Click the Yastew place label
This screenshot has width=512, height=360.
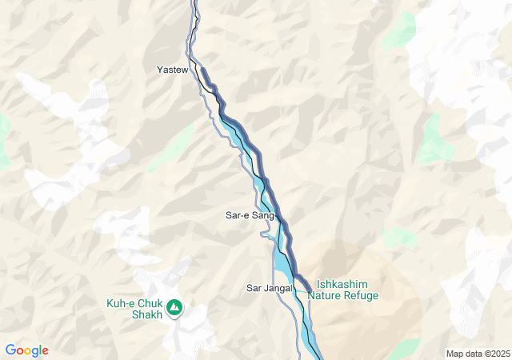tap(172, 70)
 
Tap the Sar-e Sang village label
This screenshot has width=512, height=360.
tap(250, 216)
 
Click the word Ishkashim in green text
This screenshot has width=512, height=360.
tap(342, 284)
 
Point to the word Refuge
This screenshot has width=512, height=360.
tap(361, 295)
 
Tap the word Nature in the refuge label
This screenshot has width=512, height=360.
tap(325, 295)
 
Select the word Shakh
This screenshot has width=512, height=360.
tap(146, 314)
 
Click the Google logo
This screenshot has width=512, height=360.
tap(26, 350)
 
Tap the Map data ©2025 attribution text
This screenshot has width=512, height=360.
tap(477, 354)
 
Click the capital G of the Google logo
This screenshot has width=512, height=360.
tap(10, 350)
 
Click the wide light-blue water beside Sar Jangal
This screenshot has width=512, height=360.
tap(282, 261)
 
